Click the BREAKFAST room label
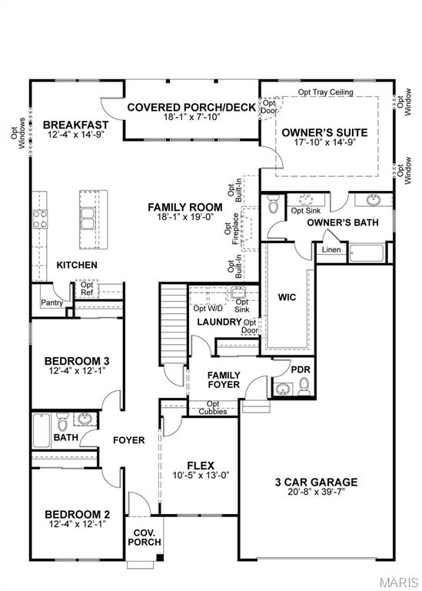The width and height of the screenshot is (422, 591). click(75, 125)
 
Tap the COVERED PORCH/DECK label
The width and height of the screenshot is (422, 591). click(191, 107)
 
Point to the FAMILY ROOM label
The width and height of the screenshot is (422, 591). click(185, 207)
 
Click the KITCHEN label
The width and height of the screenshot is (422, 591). click(77, 265)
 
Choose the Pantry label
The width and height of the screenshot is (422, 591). click(52, 302)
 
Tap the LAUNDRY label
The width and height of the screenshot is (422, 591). click(219, 322)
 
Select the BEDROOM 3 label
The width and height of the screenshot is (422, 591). click(76, 361)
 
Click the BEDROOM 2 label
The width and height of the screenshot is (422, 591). click(76, 514)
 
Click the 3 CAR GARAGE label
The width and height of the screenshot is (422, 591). click(317, 482)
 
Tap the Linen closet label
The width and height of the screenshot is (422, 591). click(331, 249)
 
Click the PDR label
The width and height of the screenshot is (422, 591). click(300, 369)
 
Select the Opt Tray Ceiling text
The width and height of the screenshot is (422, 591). click(325, 92)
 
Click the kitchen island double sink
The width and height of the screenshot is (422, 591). click(90, 209)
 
